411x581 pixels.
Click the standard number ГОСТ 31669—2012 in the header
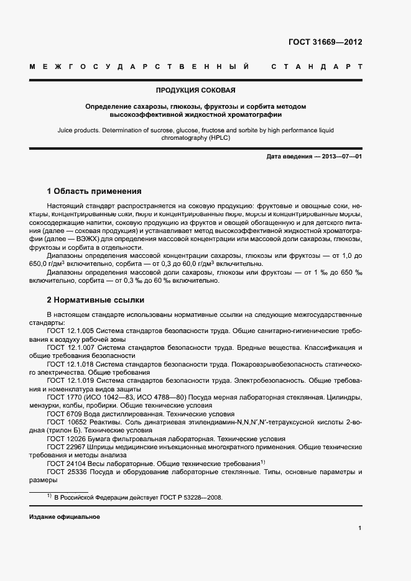click(325, 42)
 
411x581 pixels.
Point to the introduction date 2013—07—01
click(340, 157)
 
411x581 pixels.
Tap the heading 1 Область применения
click(95, 191)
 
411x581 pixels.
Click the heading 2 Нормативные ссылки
click(91, 299)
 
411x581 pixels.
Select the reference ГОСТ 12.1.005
click(70, 331)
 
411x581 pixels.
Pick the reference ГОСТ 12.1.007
click(70, 347)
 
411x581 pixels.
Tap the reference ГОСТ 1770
click(62, 397)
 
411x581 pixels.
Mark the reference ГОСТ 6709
click(62, 414)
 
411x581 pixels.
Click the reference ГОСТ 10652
click(64, 422)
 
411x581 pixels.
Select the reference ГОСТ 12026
click(64, 439)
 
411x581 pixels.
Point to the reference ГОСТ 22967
click(64, 447)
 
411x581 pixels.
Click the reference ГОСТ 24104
click(64, 464)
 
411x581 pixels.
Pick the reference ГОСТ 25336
click(64, 472)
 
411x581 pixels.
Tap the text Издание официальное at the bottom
click(65, 517)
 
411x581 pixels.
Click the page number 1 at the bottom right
click(360, 528)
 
